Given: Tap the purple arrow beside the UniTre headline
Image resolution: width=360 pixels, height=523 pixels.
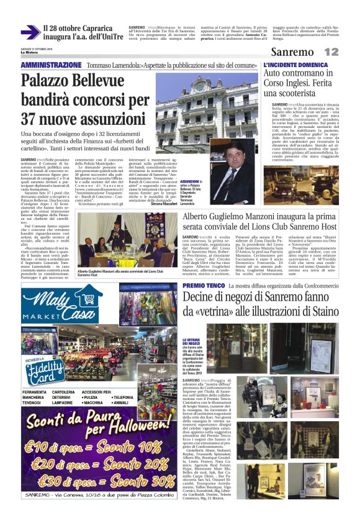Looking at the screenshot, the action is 29,32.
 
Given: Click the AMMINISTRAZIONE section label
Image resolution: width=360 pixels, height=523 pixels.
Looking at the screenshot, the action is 51,65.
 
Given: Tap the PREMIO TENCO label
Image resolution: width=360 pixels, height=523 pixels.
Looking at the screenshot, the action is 201,285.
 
